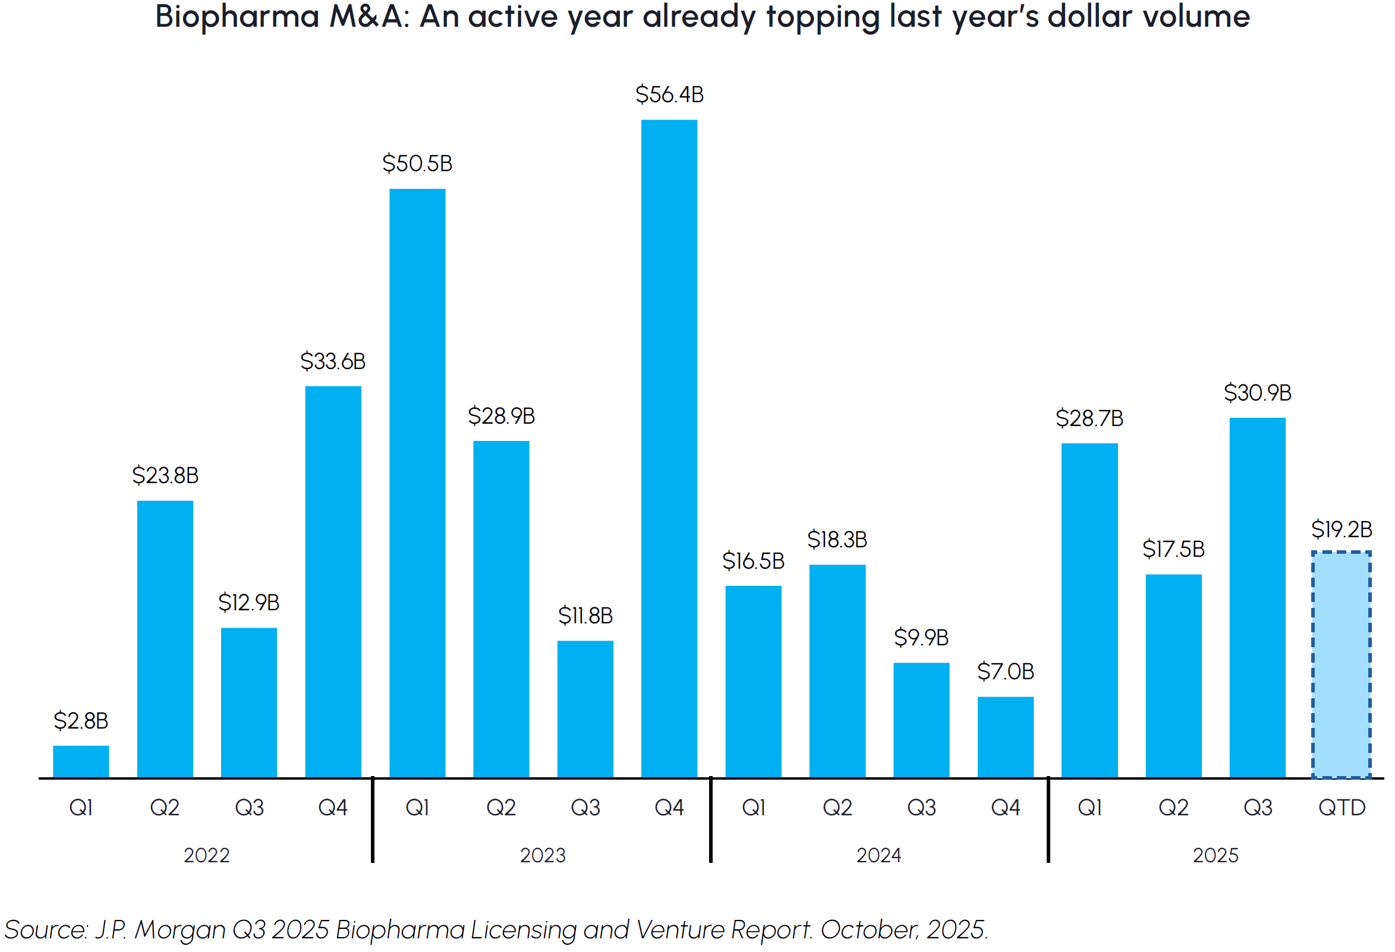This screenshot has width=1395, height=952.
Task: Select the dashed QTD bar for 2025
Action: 1341,664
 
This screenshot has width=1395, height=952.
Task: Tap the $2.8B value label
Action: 80,720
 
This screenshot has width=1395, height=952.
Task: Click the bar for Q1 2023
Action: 417,483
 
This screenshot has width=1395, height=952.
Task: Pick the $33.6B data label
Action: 332,361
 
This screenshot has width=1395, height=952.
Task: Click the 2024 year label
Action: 878,855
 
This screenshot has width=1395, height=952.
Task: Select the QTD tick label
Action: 1342,808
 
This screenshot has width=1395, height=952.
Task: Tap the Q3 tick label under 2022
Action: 249,808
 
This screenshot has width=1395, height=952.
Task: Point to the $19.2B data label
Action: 1342,529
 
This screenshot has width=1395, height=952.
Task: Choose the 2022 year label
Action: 206,855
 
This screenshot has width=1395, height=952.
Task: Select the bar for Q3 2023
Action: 585,709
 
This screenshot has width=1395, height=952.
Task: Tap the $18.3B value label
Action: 837,540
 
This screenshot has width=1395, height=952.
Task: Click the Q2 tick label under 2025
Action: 1173,808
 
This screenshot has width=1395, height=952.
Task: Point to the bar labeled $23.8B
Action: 165,639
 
